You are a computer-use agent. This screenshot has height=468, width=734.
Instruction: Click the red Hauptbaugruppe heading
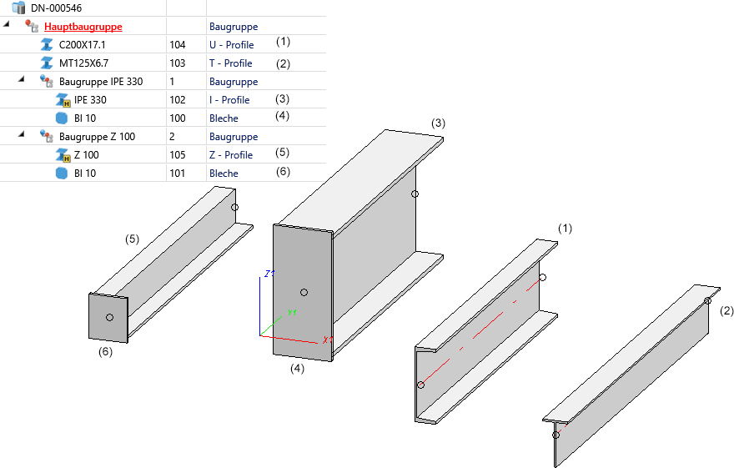coord(83,27)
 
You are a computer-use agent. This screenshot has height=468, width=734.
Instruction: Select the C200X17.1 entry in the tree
coord(82,45)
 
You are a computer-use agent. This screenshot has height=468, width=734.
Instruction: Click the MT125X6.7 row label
coord(84,63)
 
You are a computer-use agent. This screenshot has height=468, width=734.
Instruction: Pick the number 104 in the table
coord(177,45)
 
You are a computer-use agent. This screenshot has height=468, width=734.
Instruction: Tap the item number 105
coord(177,155)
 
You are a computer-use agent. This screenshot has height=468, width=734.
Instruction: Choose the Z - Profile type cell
coord(230,155)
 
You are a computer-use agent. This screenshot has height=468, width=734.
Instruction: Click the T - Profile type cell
coord(230,63)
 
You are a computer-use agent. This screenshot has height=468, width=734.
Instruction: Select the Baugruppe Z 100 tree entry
coord(97,137)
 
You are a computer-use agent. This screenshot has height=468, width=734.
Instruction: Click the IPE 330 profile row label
coord(90,100)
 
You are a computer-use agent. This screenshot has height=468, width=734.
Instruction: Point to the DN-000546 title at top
coord(56,8)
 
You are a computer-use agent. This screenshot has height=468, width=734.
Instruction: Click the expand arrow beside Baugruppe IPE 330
coord(23,81)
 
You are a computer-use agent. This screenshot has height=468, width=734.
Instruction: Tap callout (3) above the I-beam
coord(438,123)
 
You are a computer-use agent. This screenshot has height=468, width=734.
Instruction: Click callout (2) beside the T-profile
coord(726,311)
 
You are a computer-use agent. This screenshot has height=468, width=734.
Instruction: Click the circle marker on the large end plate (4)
coord(304,292)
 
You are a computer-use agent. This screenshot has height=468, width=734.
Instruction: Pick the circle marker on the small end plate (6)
coord(109,317)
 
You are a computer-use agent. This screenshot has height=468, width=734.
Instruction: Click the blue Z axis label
coord(266,274)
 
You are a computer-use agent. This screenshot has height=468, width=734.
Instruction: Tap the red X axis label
coord(325,340)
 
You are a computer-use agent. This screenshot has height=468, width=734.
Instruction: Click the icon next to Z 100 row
coord(61,155)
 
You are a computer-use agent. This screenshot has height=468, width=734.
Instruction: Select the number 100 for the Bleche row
coord(177,118)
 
